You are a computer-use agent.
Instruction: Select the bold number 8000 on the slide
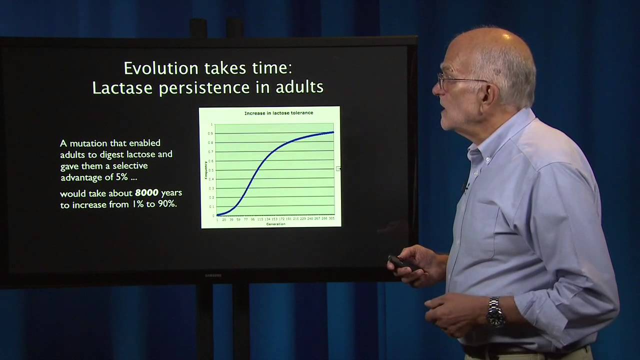coord(146,193)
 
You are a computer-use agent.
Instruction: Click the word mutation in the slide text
coord(90,143)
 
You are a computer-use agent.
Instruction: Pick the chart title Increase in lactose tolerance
coord(278,113)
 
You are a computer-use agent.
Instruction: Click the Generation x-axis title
coord(275,224)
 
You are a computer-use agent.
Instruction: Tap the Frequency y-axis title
coord(205,170)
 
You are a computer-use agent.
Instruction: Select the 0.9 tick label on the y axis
coord(211,133)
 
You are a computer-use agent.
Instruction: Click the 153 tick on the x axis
coord(274,219)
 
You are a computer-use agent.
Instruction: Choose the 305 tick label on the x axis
coord(331,219)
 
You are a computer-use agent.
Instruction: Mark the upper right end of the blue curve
coord(333,132)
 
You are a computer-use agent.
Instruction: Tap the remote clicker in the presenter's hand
coord(400,262)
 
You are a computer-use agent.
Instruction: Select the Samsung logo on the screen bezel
coord(213,275)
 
